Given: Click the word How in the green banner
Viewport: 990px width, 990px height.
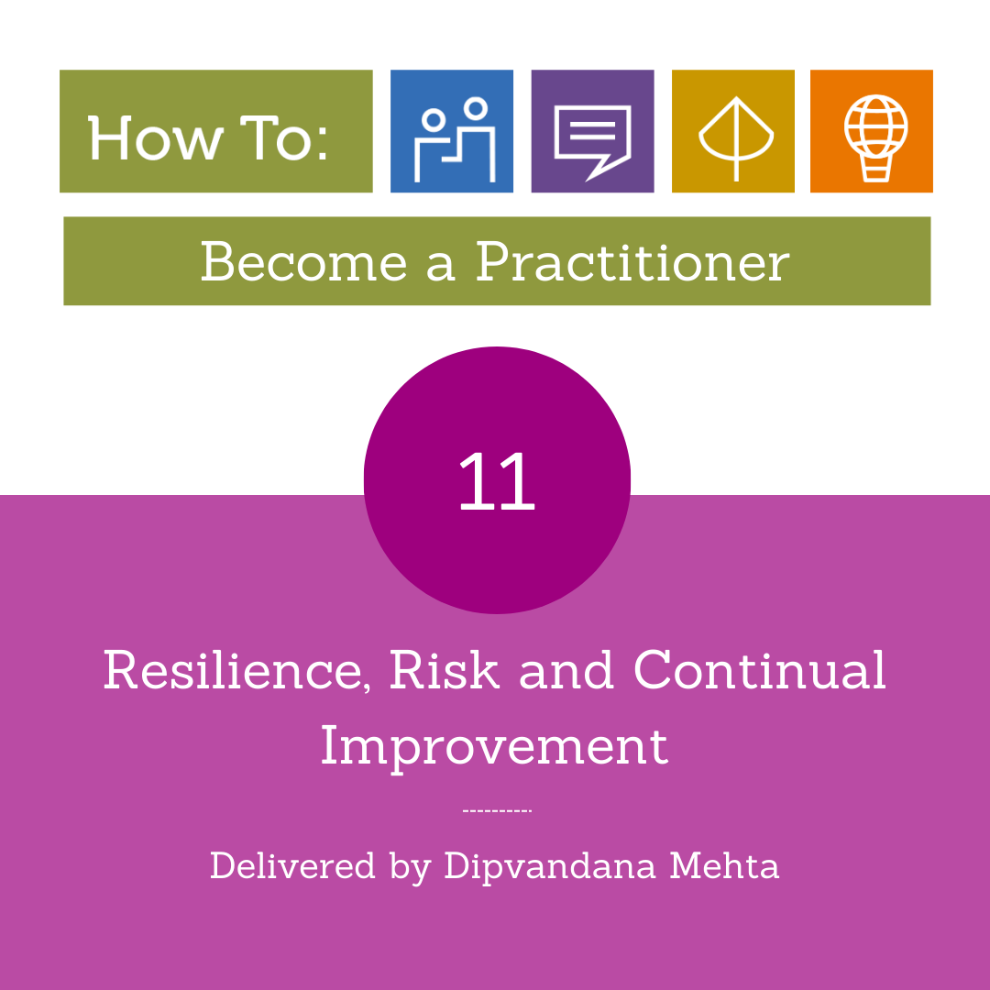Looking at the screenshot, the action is pos(155,137).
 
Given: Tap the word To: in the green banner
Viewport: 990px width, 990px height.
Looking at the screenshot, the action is pos(284,137).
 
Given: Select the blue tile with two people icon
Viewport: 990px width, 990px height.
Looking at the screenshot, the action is pos(452,131).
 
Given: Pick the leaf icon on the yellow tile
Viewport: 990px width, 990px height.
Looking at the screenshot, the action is pos(736,138).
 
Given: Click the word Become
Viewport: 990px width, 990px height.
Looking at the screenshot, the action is pos(303,261).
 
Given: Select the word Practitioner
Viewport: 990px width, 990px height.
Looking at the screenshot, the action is pos(632,261).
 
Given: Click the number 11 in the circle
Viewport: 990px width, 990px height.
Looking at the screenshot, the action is pos(497,481).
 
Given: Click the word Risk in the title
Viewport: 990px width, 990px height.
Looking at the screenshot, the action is pos(445,669).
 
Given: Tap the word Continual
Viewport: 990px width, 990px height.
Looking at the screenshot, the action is pos(760,669).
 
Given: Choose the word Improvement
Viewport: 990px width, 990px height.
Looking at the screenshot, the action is pos(494,747).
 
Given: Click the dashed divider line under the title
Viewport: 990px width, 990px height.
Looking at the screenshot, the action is pos(498,810).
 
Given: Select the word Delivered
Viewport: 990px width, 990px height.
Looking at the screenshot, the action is pos(292,865).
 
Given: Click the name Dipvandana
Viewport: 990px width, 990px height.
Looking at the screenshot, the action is pos(550,866).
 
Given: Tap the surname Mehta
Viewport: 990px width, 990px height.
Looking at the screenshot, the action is pos(724,865).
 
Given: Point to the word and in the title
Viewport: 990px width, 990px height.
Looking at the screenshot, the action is pos(566,669).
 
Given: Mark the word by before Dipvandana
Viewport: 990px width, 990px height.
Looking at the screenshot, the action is pos(411,866).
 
